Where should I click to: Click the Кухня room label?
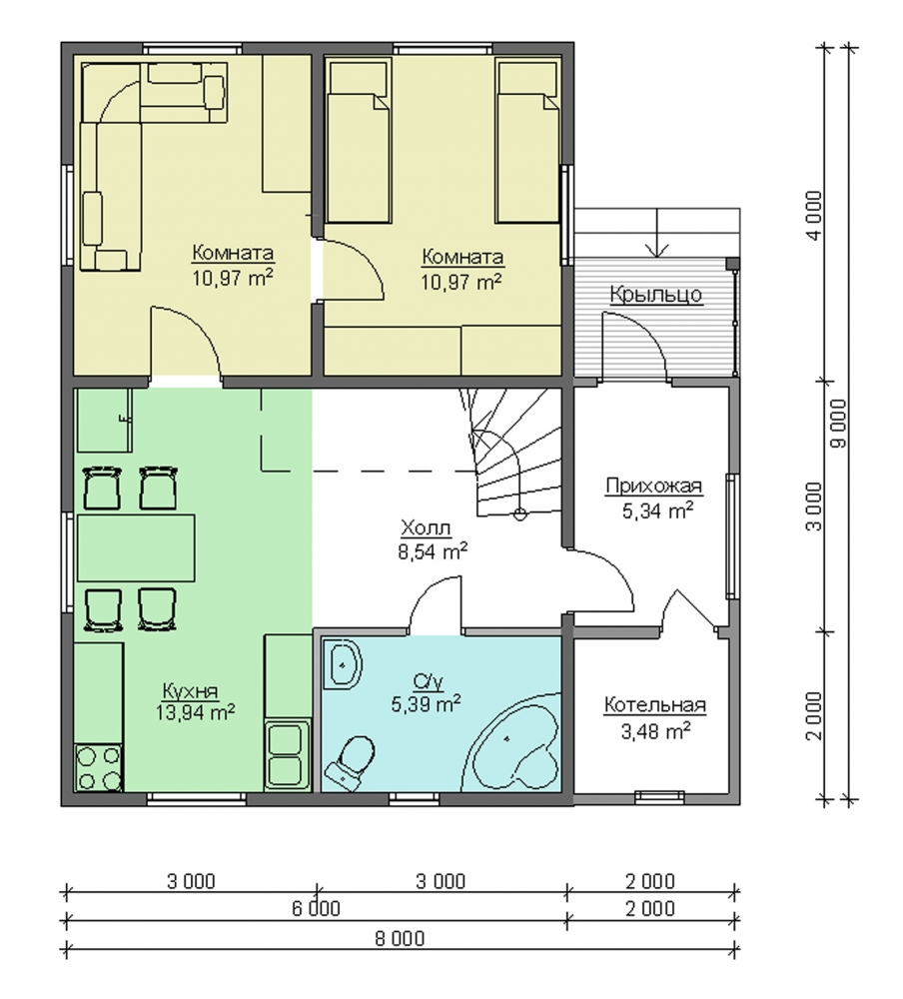(190, 691)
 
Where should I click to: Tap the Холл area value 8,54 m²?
(434, 551)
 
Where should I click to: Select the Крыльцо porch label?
(655, 295)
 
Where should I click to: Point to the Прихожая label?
(654, 487)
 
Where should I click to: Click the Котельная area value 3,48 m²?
(655, 731)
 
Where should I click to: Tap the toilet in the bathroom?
(350, 761)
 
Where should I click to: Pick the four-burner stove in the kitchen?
(98, 767)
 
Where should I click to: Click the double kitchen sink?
(286, 755)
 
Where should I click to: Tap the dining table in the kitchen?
(136, 547)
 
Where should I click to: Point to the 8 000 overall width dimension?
(401, 938)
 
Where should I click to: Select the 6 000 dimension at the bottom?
(316, 908)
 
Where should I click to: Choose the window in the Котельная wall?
(659, 794)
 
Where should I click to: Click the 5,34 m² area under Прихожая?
(657, 510)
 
